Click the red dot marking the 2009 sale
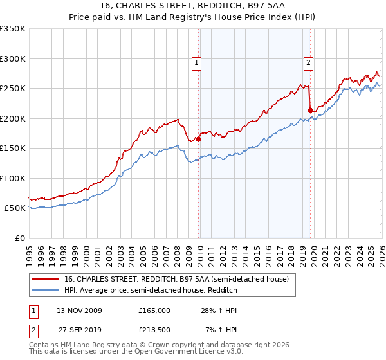pos(198,139)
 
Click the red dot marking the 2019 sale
pos(310,110)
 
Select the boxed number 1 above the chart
pos(196,62)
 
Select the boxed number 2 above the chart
pos(308,62)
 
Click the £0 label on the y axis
pos(19,239)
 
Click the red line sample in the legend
pos(46,279)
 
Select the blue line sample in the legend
pos(46,291)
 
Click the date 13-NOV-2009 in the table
pos(78,310)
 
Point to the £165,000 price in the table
pos(154,310)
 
